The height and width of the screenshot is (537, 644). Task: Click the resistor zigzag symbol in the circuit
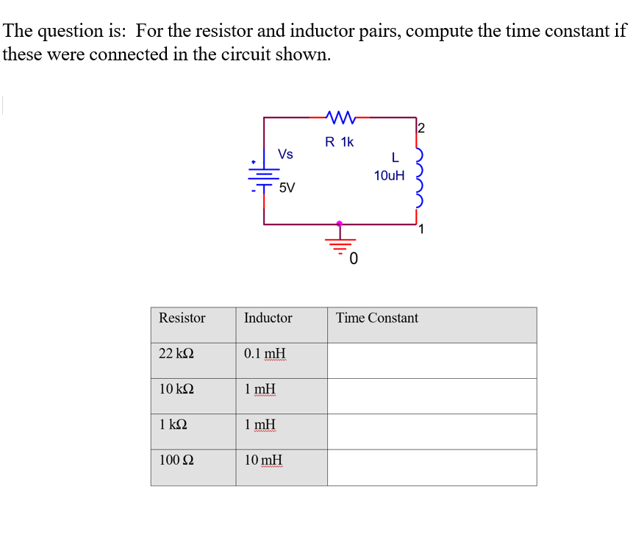coord(339,115)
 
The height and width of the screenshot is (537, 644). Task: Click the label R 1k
coord(339,142)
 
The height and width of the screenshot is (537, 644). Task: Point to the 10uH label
coord(389,176)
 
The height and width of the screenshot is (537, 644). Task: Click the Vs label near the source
coord(285,154)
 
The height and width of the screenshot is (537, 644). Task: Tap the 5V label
coord(287,188)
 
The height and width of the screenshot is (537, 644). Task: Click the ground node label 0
coord(354,259)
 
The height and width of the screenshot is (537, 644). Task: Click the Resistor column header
coord(182,318)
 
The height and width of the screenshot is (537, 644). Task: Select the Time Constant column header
coord(377,318)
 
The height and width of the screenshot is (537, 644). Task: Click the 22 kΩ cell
coord(176,353)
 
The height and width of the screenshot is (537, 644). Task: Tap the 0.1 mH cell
coord(265,353)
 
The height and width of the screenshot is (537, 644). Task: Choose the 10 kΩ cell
coord(176,388)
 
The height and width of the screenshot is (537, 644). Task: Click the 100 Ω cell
coord(176,460)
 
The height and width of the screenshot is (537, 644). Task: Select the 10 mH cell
coord(264,460)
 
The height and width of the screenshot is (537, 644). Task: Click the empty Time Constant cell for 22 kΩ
coord(432,360)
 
